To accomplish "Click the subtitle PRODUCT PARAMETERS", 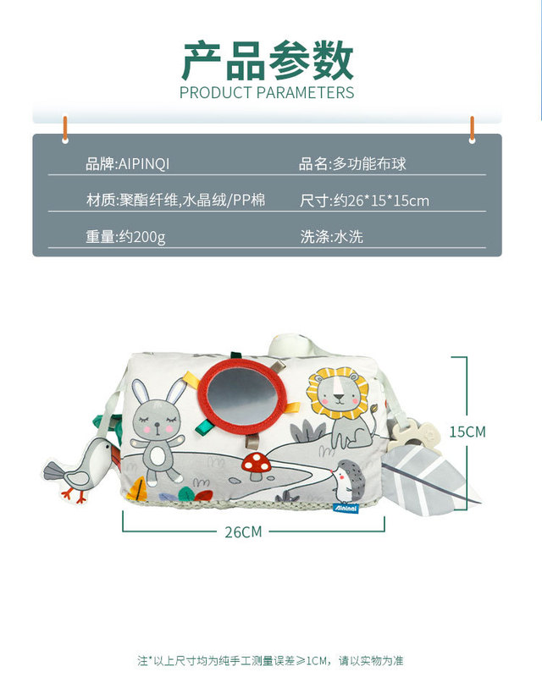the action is pos(267,92).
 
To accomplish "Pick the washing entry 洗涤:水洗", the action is pos(332,237).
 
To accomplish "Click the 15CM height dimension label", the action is pos(467,432).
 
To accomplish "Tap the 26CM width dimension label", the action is pos(243,532).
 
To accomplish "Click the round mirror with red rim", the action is pos(245,394).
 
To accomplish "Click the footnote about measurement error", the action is pos(271,660).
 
